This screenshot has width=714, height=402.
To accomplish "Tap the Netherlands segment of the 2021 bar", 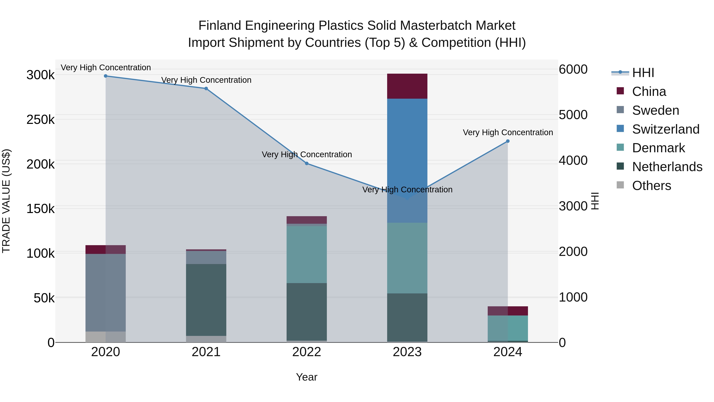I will click(206, 300).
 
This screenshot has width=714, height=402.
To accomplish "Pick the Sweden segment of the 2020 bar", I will click(106, 293).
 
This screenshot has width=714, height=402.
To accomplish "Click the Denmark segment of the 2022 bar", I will click(307, 255).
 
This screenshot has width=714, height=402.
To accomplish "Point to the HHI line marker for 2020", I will click(106, 76).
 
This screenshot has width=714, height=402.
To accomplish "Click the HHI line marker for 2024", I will click(508, 141).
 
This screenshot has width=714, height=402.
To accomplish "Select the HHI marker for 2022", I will click(307, 163).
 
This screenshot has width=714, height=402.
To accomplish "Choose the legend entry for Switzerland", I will click(665, 129).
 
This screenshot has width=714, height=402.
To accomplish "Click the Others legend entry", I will click(651, 186).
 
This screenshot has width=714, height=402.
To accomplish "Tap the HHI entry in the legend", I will click(643, 73).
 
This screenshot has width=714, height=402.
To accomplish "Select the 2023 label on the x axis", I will click(407, 352).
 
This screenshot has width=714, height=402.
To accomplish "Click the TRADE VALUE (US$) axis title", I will click(6, 201).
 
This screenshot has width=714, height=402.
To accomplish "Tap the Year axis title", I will click(307, 377).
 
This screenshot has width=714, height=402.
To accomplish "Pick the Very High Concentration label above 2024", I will click(508, 132).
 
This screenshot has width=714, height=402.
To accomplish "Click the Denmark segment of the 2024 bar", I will click(508, 328).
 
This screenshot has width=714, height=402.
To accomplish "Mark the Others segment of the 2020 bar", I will click(106, 337).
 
